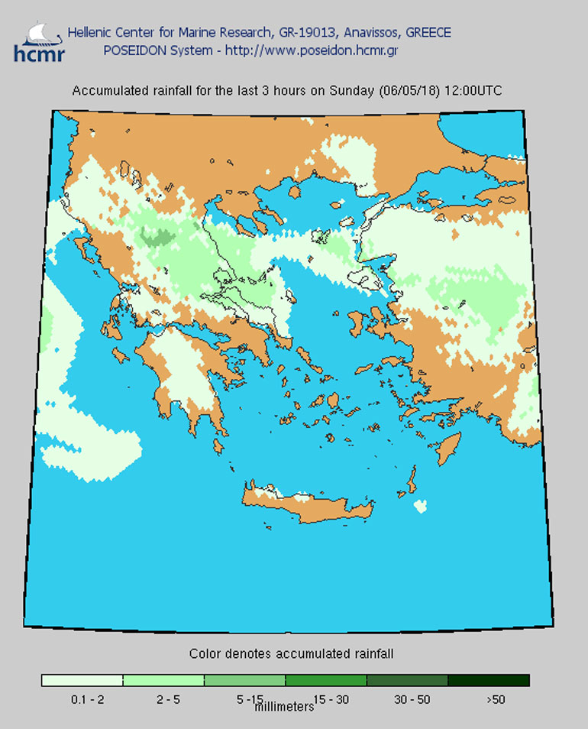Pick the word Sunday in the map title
352,90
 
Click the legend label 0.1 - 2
82,698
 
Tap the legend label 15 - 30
326,698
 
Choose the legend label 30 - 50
407,698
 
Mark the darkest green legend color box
489,680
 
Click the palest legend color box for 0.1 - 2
82,680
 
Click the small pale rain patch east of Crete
419,506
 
